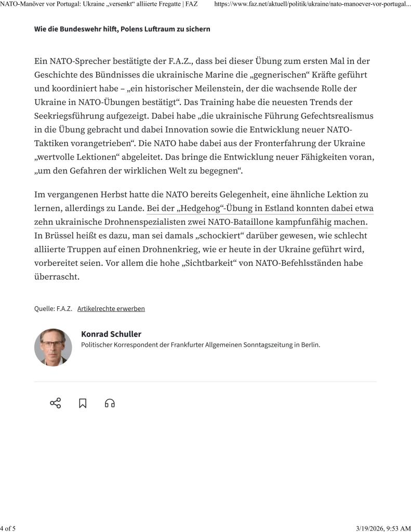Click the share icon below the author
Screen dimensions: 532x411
(55, 403)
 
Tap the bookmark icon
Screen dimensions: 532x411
(83, 403)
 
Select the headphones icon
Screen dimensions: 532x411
(110, 403)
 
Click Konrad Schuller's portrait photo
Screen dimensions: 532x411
(53, 347)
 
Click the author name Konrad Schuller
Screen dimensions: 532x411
(111, 334)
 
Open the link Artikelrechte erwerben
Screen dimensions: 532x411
(111, 308)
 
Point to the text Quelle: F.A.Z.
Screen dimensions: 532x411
(53, 308)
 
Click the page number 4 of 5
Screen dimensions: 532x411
(8, 528)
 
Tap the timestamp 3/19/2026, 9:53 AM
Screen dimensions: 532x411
(383, 528)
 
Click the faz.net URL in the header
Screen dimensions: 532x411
(312, 5)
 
